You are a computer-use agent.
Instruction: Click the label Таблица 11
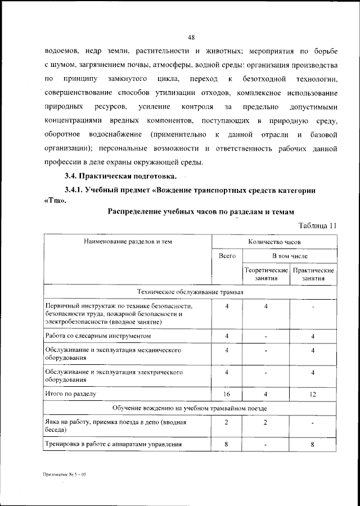click(318, 225)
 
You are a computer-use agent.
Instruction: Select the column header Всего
click(227, 256)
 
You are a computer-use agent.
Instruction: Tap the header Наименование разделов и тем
click(128, 242)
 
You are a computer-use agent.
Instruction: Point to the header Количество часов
click(274, 242)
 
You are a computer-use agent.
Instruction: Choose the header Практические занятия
click(313, 274)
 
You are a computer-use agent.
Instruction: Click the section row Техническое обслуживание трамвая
click(190, 292)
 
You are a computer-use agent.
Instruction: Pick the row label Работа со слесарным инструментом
click(98, 336)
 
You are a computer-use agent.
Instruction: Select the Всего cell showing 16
click(227, 395)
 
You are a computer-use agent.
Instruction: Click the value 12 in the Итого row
click(313, 395)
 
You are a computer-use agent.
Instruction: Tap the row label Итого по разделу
click(71, 394)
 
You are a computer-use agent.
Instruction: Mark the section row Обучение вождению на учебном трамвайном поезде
click(190, 408)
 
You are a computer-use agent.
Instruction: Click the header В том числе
click(290, 256)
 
